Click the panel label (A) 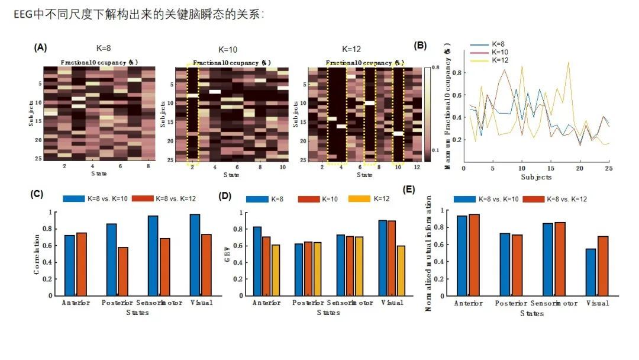[40, 47]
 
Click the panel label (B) [421, 45]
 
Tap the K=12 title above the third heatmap [351, 49]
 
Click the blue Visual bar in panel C [195, 255]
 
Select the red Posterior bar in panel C [122, 271]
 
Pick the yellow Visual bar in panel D [401, 270]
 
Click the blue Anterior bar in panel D [257, 261]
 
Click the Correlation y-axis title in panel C [37, 255]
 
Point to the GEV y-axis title [228, 255]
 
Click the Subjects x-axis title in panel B [536, 177]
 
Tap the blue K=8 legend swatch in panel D [257, 199]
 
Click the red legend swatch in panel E [532, 199]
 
